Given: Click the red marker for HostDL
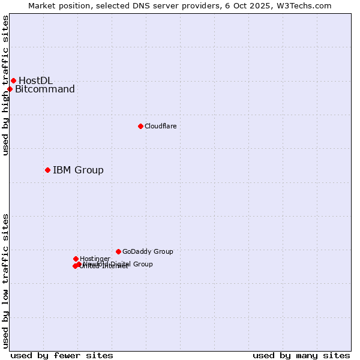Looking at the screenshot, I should click(x=13, y=80).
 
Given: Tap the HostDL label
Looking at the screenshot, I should click(x=35, y=80).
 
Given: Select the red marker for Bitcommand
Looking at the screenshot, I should click(x=10, y=89).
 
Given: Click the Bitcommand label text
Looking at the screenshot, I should click(x=45, y=89).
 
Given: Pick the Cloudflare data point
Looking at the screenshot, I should click(x=140, y=126).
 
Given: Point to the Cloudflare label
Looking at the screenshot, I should click(x=160, y=126).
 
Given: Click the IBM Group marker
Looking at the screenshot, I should click(x=47, y=170).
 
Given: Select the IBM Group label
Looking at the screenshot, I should click(x=78, y=170).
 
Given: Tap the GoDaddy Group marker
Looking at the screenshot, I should click(x=118, y=251).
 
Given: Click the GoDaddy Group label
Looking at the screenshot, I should click(x=148, y=251).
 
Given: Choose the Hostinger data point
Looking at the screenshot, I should click(x=76, y=259).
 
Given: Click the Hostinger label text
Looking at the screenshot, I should click(x=95, y=259).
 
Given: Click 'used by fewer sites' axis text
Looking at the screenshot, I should click(x=62, y=355).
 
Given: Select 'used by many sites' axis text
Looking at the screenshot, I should click(x=301, y=355).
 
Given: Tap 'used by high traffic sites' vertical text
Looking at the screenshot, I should click(x=5, y=85).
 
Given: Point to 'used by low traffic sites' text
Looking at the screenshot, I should click(x=5, y=281).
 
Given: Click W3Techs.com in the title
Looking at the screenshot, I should click(x=307, y=5).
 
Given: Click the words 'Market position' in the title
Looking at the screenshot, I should click(x=57, y=5).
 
